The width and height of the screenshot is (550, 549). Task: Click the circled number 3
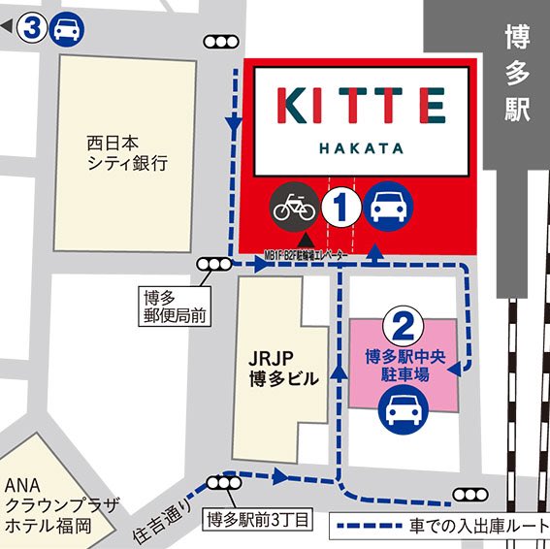[x=34, y=28]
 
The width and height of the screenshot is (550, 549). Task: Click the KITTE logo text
[x=361, y=106]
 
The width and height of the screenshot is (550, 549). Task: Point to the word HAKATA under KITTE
[x=361, y=150]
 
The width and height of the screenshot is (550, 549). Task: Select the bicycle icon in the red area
[x=295, y=206]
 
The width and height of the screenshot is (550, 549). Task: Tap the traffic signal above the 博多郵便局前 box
[x=213, y=264]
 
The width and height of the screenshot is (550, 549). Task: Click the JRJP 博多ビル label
[x=281, y=369]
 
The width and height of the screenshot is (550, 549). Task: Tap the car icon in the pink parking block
[x=402, y=411]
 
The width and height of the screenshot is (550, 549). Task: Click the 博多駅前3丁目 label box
[x=255, y=520]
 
